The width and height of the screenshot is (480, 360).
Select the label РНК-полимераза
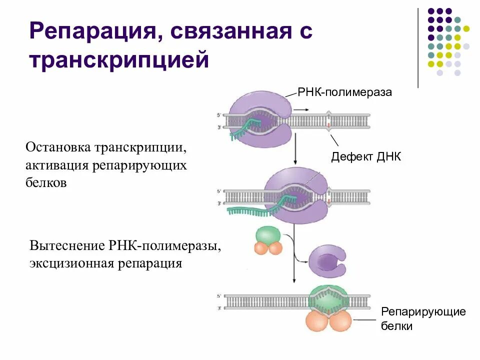pos(344,92)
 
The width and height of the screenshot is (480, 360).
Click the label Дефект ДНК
pos(366,157)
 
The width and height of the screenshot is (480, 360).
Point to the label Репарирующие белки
pos(423,318)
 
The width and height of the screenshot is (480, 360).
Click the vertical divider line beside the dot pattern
pos(418,47)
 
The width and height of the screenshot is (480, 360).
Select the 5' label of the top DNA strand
pos(218,115)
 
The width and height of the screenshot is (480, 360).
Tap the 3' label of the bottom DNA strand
pos(218,308)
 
